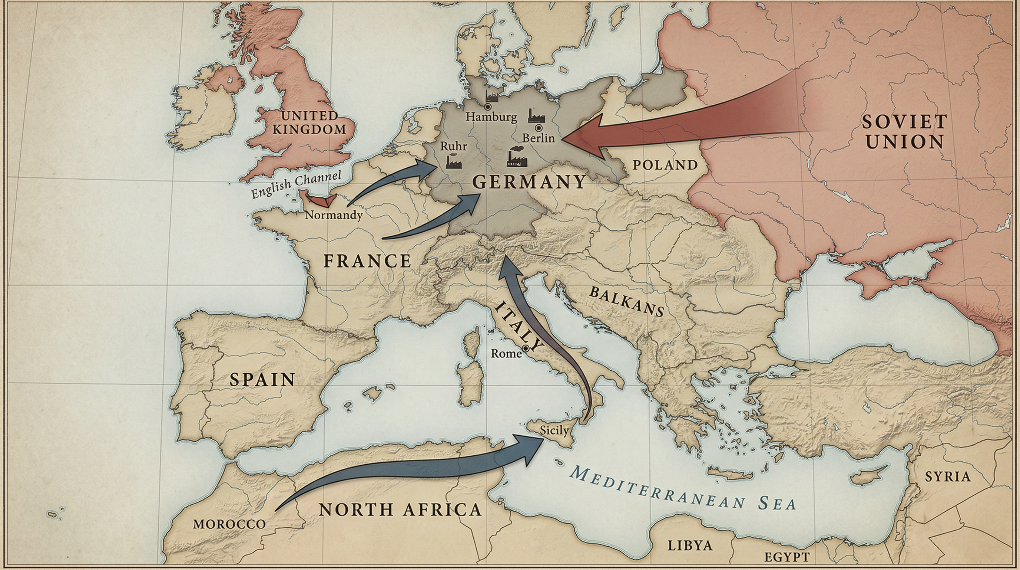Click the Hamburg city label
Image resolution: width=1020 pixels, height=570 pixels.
491,117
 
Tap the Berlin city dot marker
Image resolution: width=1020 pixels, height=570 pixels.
539,128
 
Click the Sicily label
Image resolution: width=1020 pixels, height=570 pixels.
554,430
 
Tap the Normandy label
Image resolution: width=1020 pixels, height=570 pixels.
334,215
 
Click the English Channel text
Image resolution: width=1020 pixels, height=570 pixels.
296,185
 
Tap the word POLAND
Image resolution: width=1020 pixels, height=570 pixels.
665,165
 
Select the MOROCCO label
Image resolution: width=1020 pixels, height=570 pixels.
229,524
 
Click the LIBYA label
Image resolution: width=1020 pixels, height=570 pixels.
690,546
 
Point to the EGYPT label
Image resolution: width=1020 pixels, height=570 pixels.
786,557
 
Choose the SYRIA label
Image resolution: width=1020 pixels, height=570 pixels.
947,476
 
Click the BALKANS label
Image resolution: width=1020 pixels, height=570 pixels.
626,301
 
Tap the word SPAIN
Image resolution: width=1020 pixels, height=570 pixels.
262,380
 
